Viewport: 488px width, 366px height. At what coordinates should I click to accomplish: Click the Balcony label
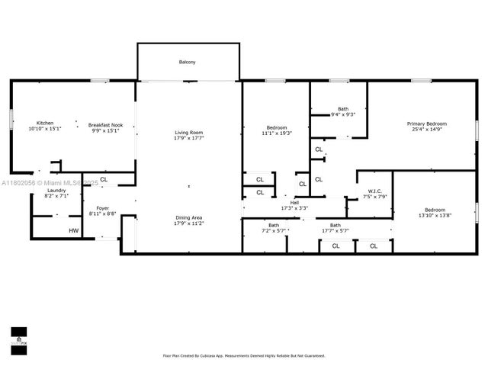188,62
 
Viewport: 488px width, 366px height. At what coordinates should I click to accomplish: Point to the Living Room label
188,133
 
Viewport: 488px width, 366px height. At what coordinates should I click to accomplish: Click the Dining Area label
188,217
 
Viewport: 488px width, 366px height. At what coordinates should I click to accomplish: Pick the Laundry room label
56,191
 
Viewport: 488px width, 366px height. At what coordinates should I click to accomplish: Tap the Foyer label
102,209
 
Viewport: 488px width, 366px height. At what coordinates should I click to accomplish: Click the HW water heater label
74,231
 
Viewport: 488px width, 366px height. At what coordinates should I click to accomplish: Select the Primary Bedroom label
426,124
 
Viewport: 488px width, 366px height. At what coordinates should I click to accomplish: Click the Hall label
294,203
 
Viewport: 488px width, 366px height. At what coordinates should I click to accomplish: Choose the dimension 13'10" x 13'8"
434,216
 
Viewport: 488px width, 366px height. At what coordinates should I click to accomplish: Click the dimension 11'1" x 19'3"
277,133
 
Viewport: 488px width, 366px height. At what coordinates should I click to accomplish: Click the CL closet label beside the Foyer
104,180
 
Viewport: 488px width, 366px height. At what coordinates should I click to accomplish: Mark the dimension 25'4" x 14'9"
426,130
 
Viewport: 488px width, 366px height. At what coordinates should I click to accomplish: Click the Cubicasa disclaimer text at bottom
243,355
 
